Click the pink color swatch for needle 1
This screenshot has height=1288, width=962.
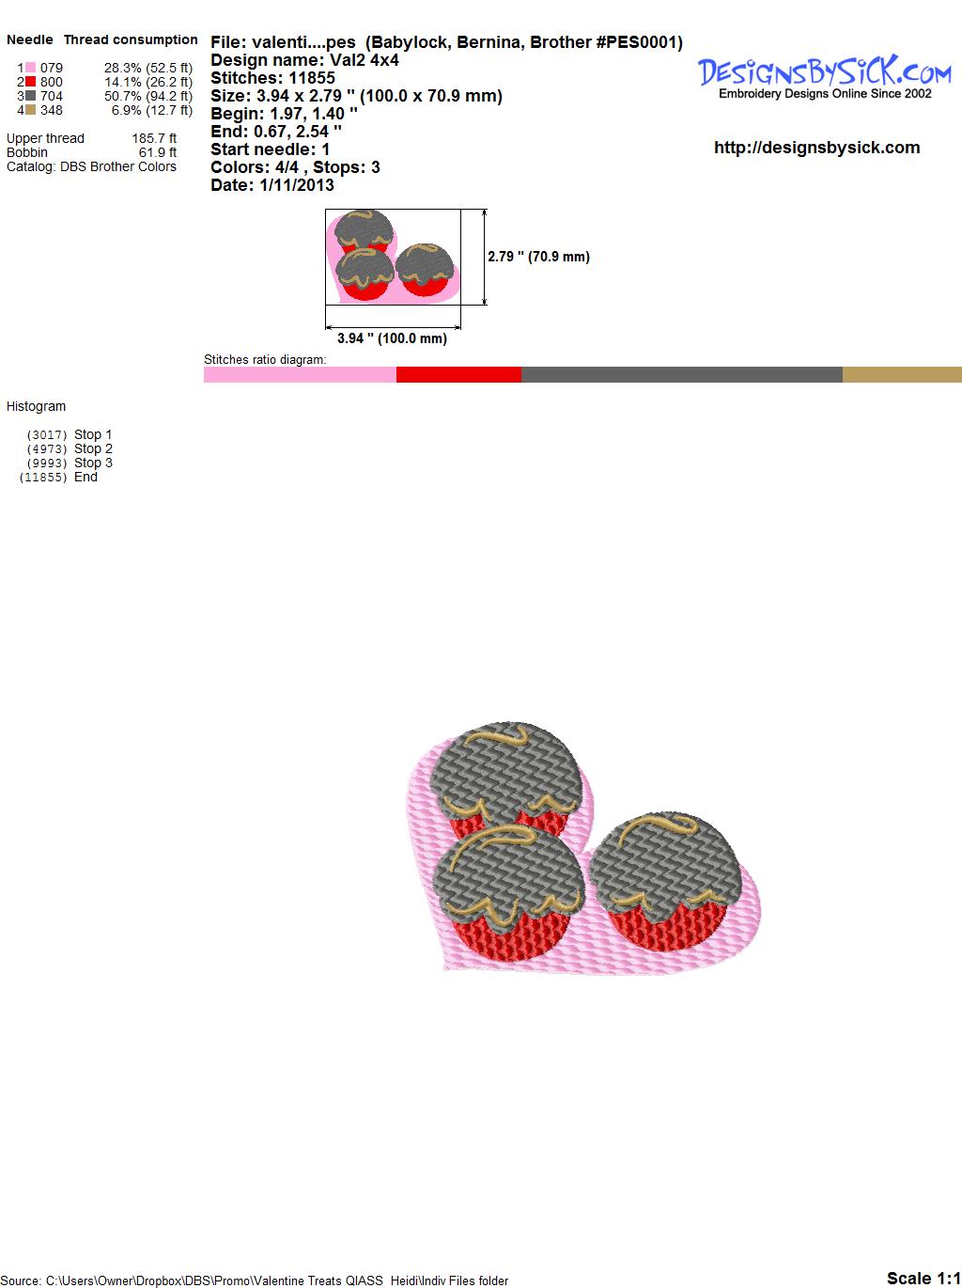click(30, 68)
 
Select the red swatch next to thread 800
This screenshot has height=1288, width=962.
click(30, 82)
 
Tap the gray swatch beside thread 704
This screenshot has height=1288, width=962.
click(30, 96)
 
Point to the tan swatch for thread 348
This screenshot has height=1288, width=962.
click(30, 110)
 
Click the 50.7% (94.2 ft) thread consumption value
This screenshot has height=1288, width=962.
click(148, 96)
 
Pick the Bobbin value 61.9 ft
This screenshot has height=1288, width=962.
click(157, 152)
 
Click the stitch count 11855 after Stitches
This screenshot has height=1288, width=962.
click(312, 78)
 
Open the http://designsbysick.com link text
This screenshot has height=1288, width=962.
click(816, 148)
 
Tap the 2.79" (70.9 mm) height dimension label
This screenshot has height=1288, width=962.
click(538, 257)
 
